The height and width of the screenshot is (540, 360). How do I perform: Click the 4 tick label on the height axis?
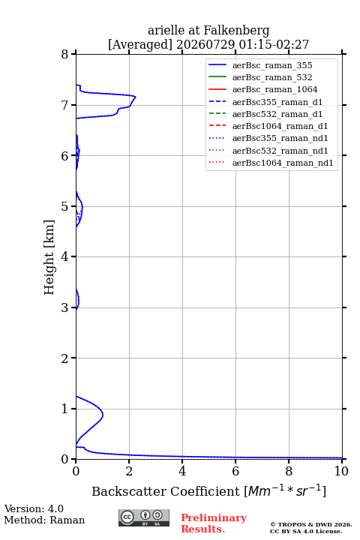pyautogui.click(x=65, y=256)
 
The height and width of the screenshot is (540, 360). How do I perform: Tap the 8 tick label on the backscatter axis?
pyautogui.click(x=289, y=471)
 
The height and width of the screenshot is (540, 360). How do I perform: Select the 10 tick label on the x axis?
pyautogui.click(x=341, y=471)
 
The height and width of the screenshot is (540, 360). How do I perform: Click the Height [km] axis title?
pyautogui.click(x=49, y=257)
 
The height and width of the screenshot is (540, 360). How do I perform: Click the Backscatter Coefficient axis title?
pyautogui.click(x=208, y=490)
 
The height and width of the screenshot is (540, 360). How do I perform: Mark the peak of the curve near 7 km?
pyautogui.click(x=136, y=97)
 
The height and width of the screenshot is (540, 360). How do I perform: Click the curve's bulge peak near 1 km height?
pyautogui.click(x=103, y=415)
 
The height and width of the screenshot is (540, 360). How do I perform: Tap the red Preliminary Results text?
pyautogui.click(x=214, y=523)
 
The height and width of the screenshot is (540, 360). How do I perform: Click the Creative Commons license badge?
pyautogui.click(x=144, y=517)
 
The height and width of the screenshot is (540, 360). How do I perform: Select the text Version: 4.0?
pyautogui.click(x=34, y=508)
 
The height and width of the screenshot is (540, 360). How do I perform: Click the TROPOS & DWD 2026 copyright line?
pyautogui.click(x=311, y=524)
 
